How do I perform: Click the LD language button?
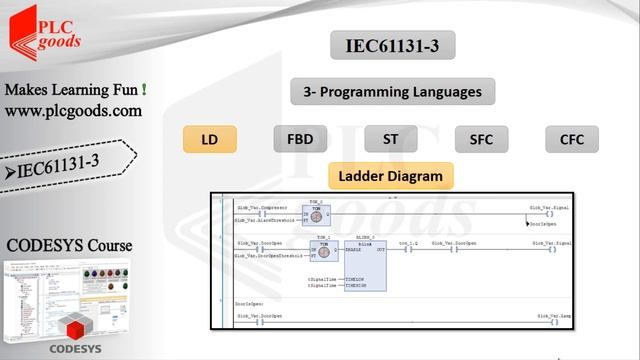[209, 139]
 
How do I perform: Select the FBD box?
[300, 139]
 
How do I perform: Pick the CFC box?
[571, 139]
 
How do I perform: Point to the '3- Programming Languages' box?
[392, 92]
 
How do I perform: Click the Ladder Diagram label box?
[390, 176]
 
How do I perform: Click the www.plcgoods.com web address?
[73, 111]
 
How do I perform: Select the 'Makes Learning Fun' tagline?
[76, 90]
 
